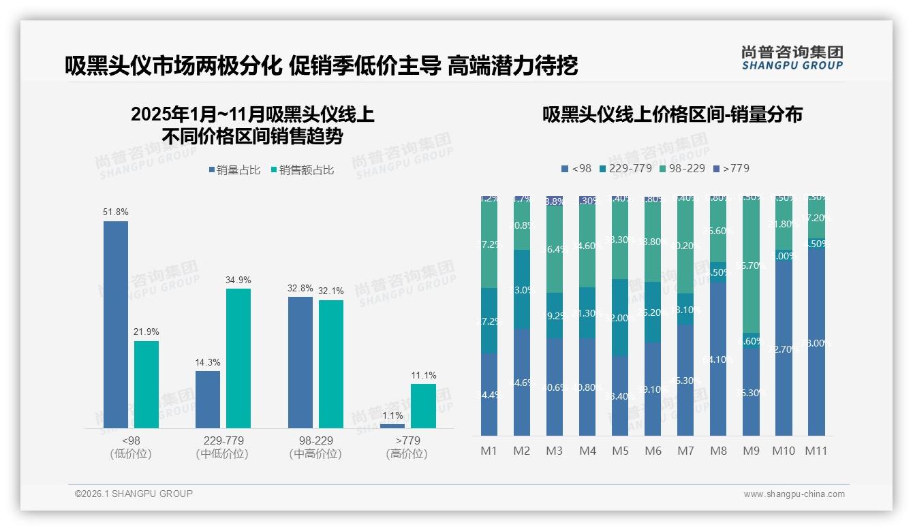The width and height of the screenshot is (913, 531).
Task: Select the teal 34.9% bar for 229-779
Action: (238, 358)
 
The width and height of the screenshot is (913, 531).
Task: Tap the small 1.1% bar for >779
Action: (392, 426)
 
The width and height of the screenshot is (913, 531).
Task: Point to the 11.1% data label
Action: (424, 375)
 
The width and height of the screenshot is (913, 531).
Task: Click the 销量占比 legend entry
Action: (234, 170)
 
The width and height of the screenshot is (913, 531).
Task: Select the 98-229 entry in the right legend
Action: (681, 168)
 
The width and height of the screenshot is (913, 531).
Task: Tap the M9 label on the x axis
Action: (751, 451)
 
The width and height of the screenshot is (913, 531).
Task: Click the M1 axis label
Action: (489, 451)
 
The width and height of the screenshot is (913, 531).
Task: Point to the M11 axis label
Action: (816, 451)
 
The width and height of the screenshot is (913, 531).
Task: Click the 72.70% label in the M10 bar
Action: (783, 349)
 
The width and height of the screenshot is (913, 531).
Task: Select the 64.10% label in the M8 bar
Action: (717, 359)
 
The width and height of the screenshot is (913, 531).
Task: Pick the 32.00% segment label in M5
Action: (619, 318)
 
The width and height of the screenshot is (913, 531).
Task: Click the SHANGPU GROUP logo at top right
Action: (792, 58)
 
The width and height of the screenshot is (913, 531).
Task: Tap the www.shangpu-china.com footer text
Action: (794, 494)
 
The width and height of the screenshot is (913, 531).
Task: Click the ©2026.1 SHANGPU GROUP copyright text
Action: (134, 494)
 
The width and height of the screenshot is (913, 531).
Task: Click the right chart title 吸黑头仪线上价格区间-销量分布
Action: (672, 114)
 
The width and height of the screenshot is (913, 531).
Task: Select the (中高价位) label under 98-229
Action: (315, 454)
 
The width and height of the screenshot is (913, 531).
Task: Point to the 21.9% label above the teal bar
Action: (146, 332)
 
